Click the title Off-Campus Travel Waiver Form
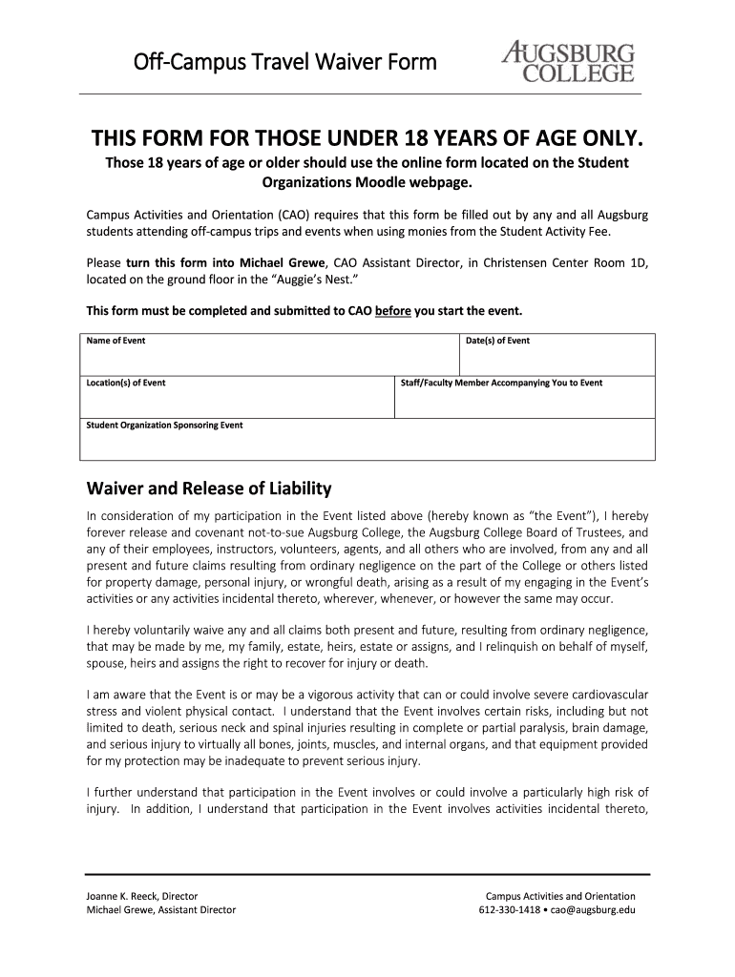point(284,63)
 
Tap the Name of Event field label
point(115,341)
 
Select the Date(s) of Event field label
point(497,341)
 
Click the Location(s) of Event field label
point(126,383)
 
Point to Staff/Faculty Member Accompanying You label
point(501,383)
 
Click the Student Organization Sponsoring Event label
point(164,425)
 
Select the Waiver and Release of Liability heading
point(209,488)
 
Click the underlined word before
point(393,311)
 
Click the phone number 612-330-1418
point(510,909)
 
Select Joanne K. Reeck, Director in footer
point(142,896)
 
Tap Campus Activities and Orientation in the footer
point(560,896)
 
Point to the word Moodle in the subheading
point(383,181)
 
